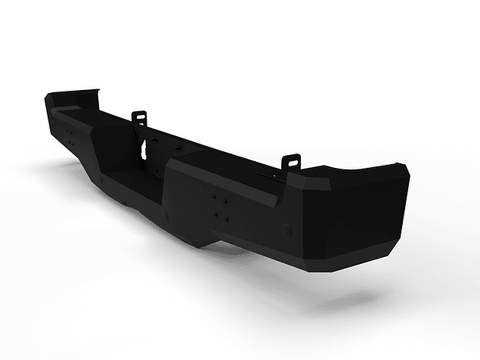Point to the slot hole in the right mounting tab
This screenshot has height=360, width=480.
click(x=293, y=160)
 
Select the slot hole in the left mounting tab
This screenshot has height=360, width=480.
click(x=139, y=116)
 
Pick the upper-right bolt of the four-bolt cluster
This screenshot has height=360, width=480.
click(x=225, y=201)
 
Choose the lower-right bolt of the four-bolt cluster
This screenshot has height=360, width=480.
click(x=225, y=217)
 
